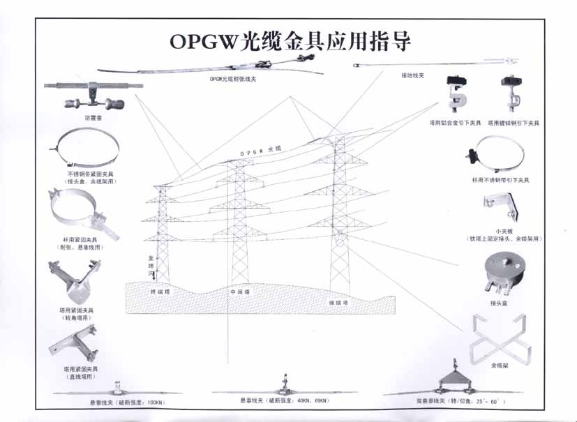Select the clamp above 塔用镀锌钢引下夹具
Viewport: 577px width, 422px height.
click(511, 93)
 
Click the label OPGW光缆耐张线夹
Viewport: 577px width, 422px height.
click(233, 80)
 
